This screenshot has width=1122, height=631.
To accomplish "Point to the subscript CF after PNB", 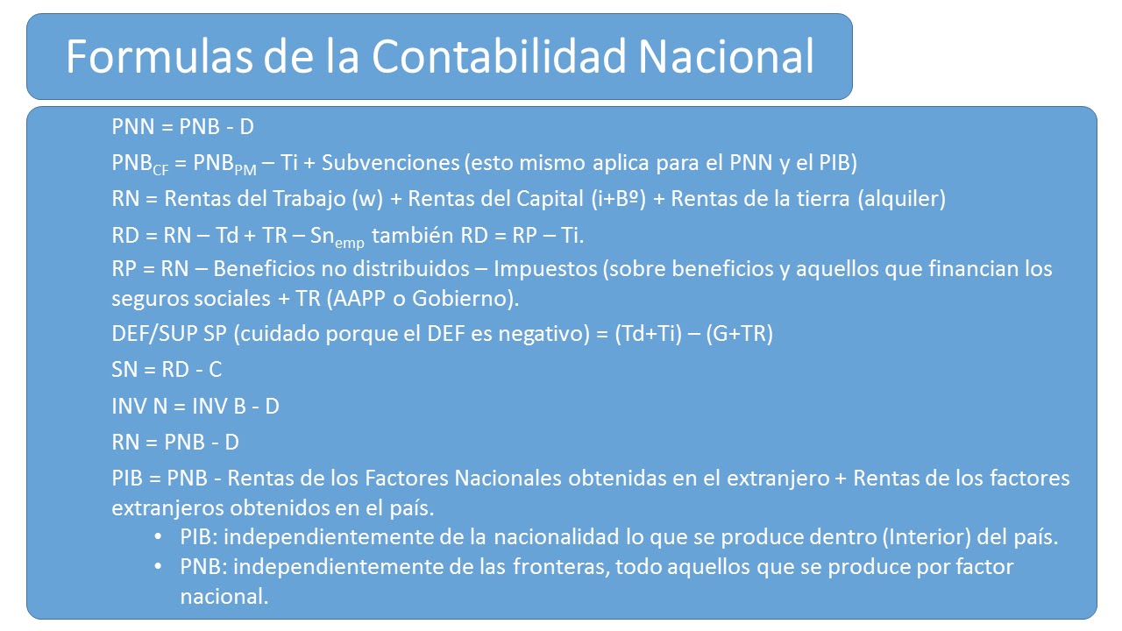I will (161, 169).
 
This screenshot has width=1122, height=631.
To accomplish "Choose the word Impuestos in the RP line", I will (552, 268).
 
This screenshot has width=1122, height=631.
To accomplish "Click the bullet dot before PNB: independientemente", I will (158, 567).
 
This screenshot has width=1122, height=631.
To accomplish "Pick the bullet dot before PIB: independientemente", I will (158, 537).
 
